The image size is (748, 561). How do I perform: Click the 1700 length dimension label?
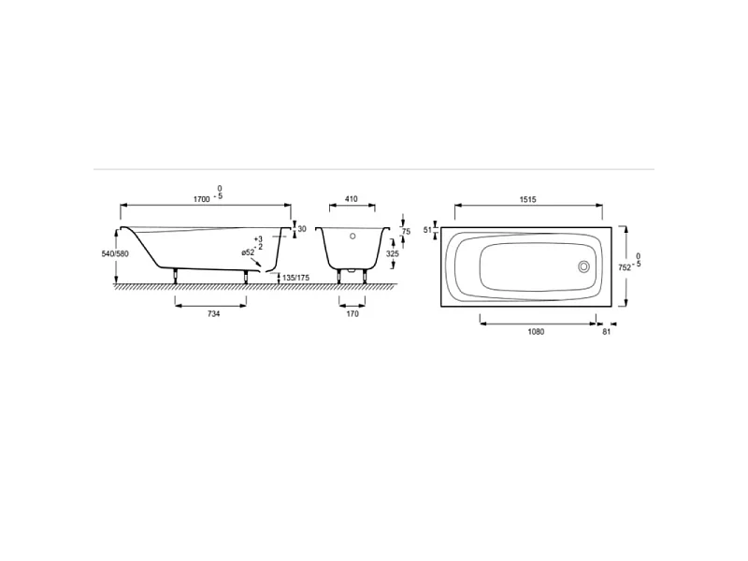point(201,199)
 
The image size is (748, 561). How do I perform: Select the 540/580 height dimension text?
point(115,253)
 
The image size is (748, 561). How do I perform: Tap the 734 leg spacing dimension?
point(214,314)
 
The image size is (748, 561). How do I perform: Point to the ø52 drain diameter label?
point(248,252)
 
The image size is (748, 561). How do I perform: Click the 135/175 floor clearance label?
point(295,277)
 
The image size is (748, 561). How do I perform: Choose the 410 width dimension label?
point(352,199)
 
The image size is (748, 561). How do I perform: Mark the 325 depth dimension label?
point(392,253)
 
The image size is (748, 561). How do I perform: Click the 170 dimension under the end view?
point(352,314)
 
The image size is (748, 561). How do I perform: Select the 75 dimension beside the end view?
point(406,232)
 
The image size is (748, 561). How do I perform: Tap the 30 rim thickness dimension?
point(302,229)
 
